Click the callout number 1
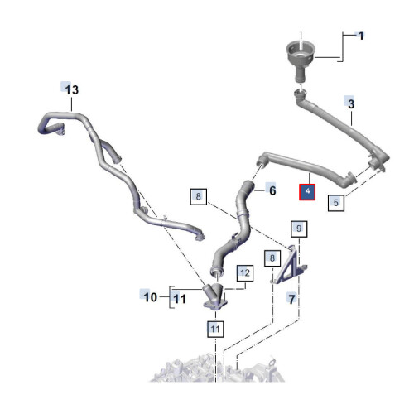click(x=361, y=36)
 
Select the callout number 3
click(x=351, y=104)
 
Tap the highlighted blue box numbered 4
click(x=307, y=192)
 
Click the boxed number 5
click(x=336, y=203)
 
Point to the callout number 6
click(x=272, y=190)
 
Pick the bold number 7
click(x=291, y=299)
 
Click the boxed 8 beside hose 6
click(x=199, y=196)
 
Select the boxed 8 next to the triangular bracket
click(x=272, y=258)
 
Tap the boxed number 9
click(x=299, y=229)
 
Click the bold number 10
click(x=151, y=297)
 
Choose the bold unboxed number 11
click(x=180, y=299)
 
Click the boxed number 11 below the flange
click(x=215, y=329)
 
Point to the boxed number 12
click(x=245, y=273)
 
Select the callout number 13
click(x=72, y=89)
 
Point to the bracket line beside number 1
click(x=343, y=47)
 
